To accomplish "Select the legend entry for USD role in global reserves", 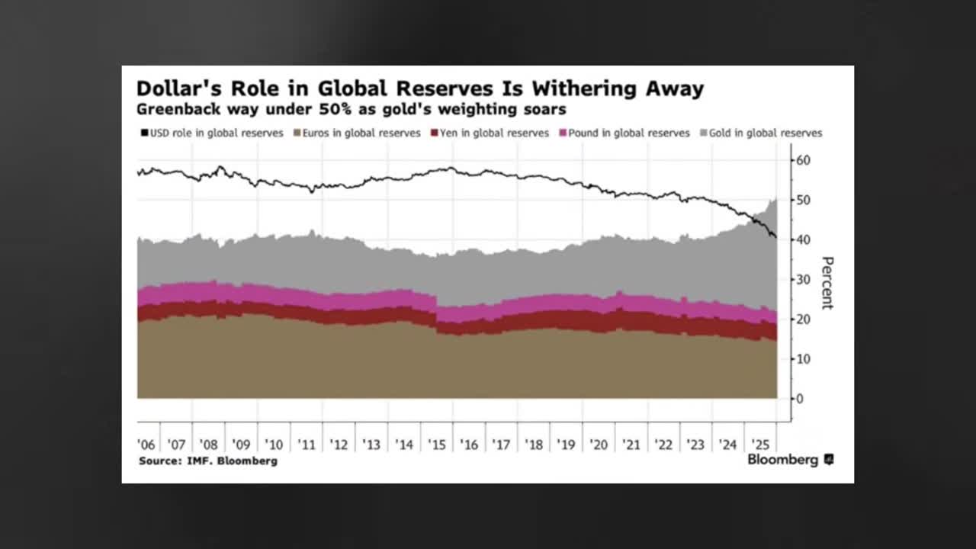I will (x=211, y=133).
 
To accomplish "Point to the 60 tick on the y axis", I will (x=804, y=160).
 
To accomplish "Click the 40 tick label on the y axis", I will (x=804, y=239).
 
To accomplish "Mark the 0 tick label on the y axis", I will (x=800, y=399).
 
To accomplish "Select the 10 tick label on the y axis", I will (x=804, y=359).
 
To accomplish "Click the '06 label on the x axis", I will (x=147, y=445).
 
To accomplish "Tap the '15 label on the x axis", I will (x=437, y=445).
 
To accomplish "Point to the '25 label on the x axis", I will (x=759, y=445).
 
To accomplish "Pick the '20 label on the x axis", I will (x=599, y=445).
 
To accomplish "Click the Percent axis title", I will (x=827, y=283).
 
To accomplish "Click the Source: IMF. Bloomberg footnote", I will (x=208, y=461).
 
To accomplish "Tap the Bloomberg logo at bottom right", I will (x=790, y=460).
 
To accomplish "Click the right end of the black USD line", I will (x=775, y=236).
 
